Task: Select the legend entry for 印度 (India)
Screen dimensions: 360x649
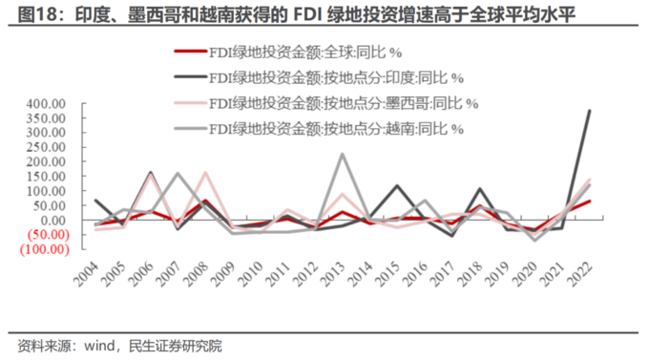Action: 335,78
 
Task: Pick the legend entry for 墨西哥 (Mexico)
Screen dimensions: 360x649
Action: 343,102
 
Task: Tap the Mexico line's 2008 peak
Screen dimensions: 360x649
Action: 205,173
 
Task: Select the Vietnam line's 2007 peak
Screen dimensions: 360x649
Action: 178,174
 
